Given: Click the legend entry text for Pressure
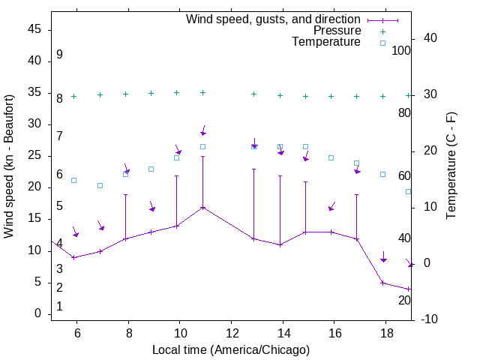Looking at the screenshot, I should tap(337, 31).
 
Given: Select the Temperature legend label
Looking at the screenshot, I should tap(326, 43).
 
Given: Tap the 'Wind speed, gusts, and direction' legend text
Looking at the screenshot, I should tap(274, 19).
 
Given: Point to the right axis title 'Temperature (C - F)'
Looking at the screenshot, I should tap(451, 166).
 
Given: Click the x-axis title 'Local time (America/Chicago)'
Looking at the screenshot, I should tap(231, 350).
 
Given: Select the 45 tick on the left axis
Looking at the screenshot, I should tap(34, 30).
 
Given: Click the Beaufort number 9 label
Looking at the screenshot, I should tap(59, 55).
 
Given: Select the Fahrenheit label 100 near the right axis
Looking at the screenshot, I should tap(401, 50).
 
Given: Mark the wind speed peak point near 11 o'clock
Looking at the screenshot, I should tap(202, 208).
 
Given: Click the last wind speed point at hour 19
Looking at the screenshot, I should tap(409, 289).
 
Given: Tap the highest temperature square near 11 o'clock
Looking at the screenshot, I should tap(202, 146).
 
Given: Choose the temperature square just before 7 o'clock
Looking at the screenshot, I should tap(100, 185).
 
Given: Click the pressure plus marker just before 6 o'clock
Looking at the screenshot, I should tap(73, 96).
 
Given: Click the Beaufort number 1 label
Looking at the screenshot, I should tap(59, 307).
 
